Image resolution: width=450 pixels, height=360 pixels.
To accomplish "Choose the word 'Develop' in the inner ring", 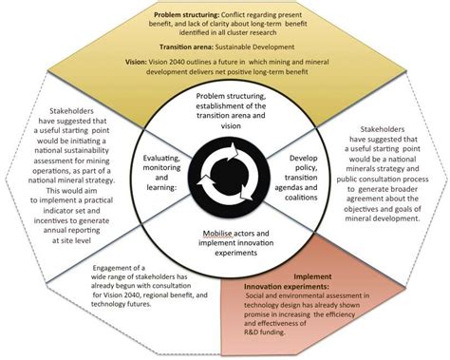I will pos(293,155).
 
